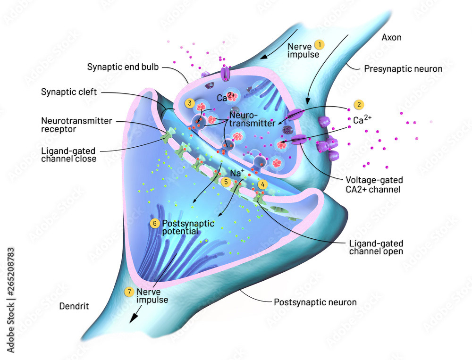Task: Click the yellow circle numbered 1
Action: [320, 45]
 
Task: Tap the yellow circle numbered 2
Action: [359, 104]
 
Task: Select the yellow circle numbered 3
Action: [190, 103]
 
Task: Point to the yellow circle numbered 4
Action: [263, 184]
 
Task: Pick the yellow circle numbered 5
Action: [226, 182]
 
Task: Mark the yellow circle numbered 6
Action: [155, 223]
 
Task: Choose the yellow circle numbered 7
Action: [129, 292]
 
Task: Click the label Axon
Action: [392, 37]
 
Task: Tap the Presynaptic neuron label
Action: [403, 69]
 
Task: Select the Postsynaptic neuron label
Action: [315, 302]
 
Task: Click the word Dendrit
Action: [74, 306]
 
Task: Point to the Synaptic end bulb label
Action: [123, 67]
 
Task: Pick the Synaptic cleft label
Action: [69, 92]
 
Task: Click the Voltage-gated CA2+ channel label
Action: [374, 184]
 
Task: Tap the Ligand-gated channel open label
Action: [376, 247]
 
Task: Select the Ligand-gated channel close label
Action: [68, 155]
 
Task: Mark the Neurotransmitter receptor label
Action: [76, 125]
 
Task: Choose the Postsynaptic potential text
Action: [188, 227]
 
